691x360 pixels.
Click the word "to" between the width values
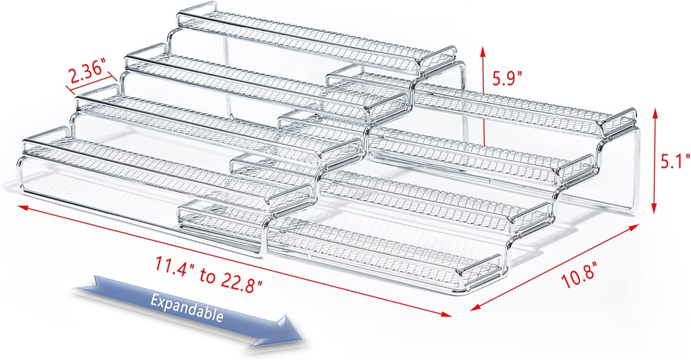207,275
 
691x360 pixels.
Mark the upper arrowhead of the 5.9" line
483,53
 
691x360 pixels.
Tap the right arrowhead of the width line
446,314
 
